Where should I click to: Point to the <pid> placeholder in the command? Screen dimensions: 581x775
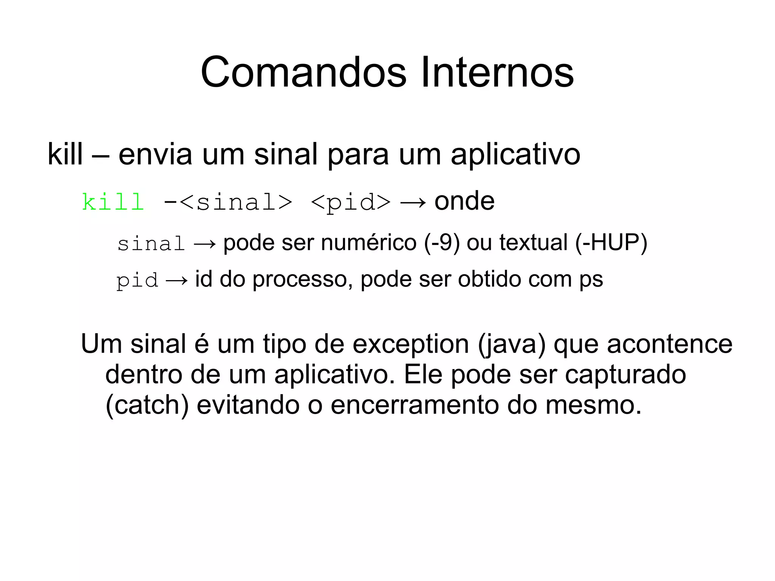pos(350,202)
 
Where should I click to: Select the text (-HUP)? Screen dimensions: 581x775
pos(611,243)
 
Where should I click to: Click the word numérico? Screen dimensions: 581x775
pos(369,243)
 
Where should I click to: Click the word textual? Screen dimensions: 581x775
pos(533,243)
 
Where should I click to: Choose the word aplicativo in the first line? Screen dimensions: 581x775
pos(515,155)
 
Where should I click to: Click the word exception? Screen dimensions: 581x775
pos(411,344)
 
